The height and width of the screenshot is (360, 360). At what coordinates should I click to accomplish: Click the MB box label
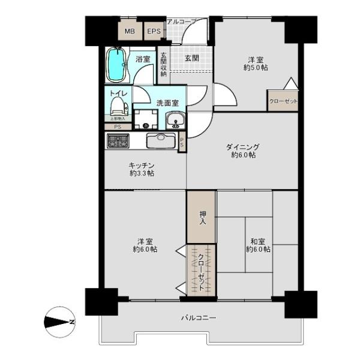point(130,31)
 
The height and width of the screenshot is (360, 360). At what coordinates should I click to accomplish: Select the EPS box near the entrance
point(153,31)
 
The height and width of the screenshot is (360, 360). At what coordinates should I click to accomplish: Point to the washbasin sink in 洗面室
point(175,120)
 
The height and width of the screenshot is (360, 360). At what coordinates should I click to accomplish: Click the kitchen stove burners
point(118,141)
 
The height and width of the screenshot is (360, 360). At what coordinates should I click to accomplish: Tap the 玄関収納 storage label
point(163,65)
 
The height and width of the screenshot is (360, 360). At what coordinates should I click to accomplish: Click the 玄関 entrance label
point(191,58)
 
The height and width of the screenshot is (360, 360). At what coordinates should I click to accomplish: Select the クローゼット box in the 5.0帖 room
point(283,101)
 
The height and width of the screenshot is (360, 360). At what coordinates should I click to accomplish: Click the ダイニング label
point(242,146)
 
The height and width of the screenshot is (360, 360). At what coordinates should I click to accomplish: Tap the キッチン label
point(142,165)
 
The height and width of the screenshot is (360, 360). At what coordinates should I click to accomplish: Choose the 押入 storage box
point(201,217)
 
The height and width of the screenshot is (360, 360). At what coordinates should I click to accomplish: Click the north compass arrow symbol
point(59,322)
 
